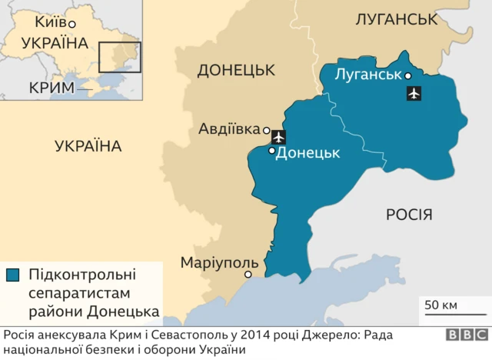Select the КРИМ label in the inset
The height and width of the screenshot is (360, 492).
click(52, 87)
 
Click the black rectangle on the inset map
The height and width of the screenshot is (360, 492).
click(119, 57)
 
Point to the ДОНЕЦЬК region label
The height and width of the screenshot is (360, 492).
click(236, 71)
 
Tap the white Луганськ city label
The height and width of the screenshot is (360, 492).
click(368, 75)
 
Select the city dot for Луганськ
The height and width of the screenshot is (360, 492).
click(408, 75)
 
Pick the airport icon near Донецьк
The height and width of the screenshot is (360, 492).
click(278, 138)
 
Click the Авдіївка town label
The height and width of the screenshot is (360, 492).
click(229, 128)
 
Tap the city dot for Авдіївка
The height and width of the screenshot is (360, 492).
click(266, 130)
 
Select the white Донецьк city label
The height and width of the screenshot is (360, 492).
click(307, 152)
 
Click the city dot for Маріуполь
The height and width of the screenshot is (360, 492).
click(248, 275)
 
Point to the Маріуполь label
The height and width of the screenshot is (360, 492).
click(215, 262)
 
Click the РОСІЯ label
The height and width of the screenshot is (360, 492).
click(409, 215)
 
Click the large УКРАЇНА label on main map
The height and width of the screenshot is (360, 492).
click(88, 145)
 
